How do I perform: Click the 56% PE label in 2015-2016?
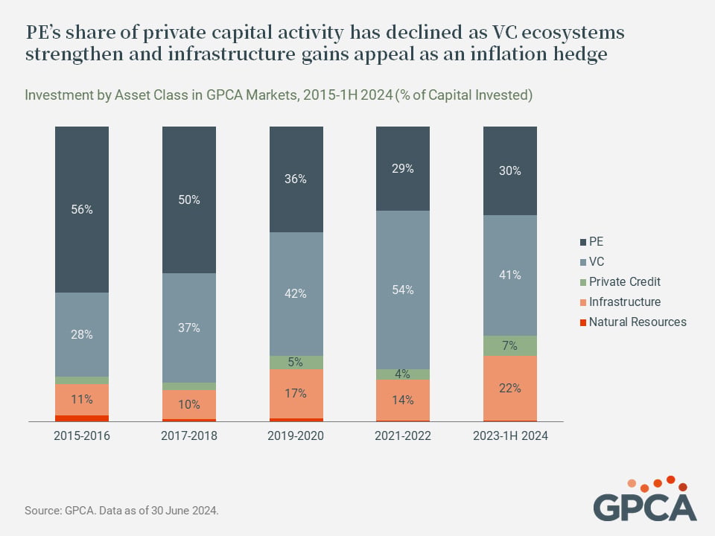point(82,209)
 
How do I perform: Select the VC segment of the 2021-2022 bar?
point(403,290)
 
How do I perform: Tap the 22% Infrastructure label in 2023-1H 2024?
point(509,389)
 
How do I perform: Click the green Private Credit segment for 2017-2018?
point(189,386)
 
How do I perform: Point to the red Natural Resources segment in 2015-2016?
point(82,418)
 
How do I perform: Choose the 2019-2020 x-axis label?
point(296,435)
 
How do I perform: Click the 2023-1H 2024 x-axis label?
point(510,435)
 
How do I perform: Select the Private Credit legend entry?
point(620,281)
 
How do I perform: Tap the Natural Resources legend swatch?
point(582,322)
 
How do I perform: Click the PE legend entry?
point(591,241)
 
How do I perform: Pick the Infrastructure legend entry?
point(620,301)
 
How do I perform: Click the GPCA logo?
point(645,498)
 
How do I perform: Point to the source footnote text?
point(121,511)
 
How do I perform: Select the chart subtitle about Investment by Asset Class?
point(279,95)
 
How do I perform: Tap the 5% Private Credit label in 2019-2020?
point(296,362)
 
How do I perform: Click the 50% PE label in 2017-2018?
point(189,200)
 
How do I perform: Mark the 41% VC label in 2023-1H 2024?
point(509,275)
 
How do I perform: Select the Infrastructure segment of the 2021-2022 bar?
point(403,401)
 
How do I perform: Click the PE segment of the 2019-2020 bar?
point(296,179)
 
